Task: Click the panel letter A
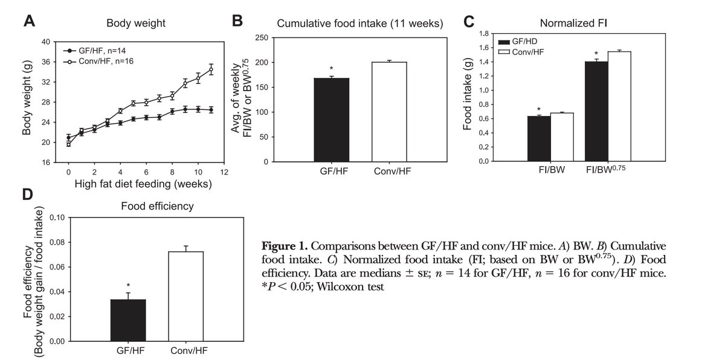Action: point(29,22)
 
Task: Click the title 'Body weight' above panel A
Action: point(136,24)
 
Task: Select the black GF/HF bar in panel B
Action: point(331,120)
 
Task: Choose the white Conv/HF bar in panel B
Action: point(388,112)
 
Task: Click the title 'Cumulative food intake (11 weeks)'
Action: point(359,24)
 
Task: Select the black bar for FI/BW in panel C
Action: point(539,138)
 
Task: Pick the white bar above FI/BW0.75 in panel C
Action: point(619,106)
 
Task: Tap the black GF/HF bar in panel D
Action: point(128,320)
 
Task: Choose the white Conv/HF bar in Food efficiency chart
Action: point(186,296)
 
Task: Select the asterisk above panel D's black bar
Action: point(128,285)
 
